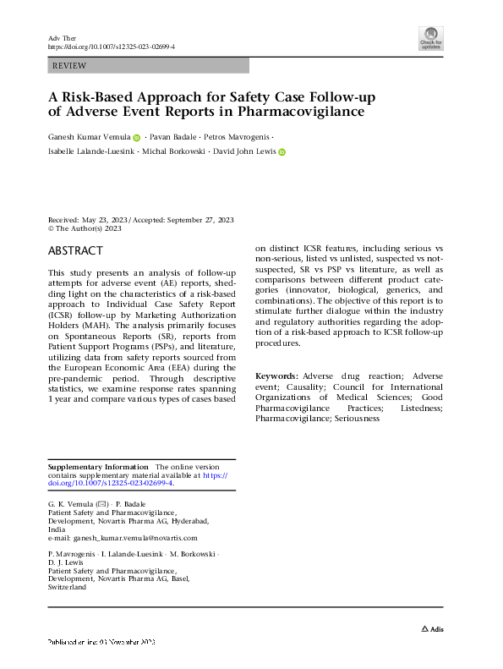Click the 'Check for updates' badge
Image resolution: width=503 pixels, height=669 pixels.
pos(431,38)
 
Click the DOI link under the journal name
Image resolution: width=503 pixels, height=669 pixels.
pos(112,48)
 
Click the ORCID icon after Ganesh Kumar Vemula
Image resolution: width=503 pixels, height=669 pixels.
pos(137,137)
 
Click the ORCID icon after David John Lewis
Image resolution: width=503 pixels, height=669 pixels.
pos(282,152)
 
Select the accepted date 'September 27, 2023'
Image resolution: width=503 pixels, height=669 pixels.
pos(200,219)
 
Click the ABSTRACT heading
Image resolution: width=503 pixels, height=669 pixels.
pos(76,251)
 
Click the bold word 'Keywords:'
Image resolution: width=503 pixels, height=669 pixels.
pos(276,375)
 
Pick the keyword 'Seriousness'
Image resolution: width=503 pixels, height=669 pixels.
pos(357,419)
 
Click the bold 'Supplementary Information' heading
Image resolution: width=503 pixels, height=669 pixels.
pos(98,467)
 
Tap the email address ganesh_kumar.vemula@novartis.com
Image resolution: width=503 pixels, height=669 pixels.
pos(129,537)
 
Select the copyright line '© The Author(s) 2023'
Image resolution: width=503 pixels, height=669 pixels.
pos(85,228)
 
